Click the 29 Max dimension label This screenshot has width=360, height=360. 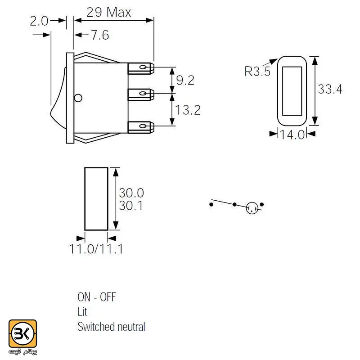[x=109, y=12]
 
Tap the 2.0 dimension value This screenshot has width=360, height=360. [x=39, y=21]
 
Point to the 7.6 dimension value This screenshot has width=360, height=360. [x=100, y=35]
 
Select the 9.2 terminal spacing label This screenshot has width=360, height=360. [x=185, y=80]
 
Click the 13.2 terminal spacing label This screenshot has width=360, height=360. [x=188, y=110]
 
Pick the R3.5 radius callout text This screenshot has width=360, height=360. [x=257, y=71]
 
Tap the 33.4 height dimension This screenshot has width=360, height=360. [x=330, y=89]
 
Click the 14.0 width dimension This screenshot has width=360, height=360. [x=292, y=135]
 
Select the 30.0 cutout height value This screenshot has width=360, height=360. [x=131, y=193]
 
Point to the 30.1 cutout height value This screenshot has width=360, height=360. [x=131, y=206]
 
